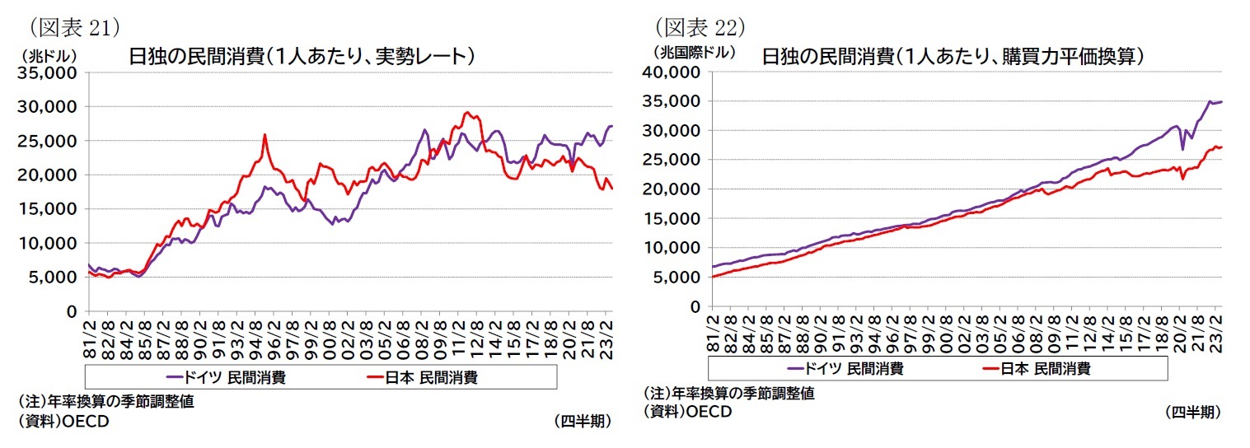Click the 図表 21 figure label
click(70, 26)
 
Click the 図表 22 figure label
click(700, 26)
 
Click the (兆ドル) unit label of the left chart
click(47, 56)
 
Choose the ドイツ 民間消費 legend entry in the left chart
click(226, 377)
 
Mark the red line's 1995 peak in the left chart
click(265, 135)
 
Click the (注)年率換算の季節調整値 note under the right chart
click(728, 394)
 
